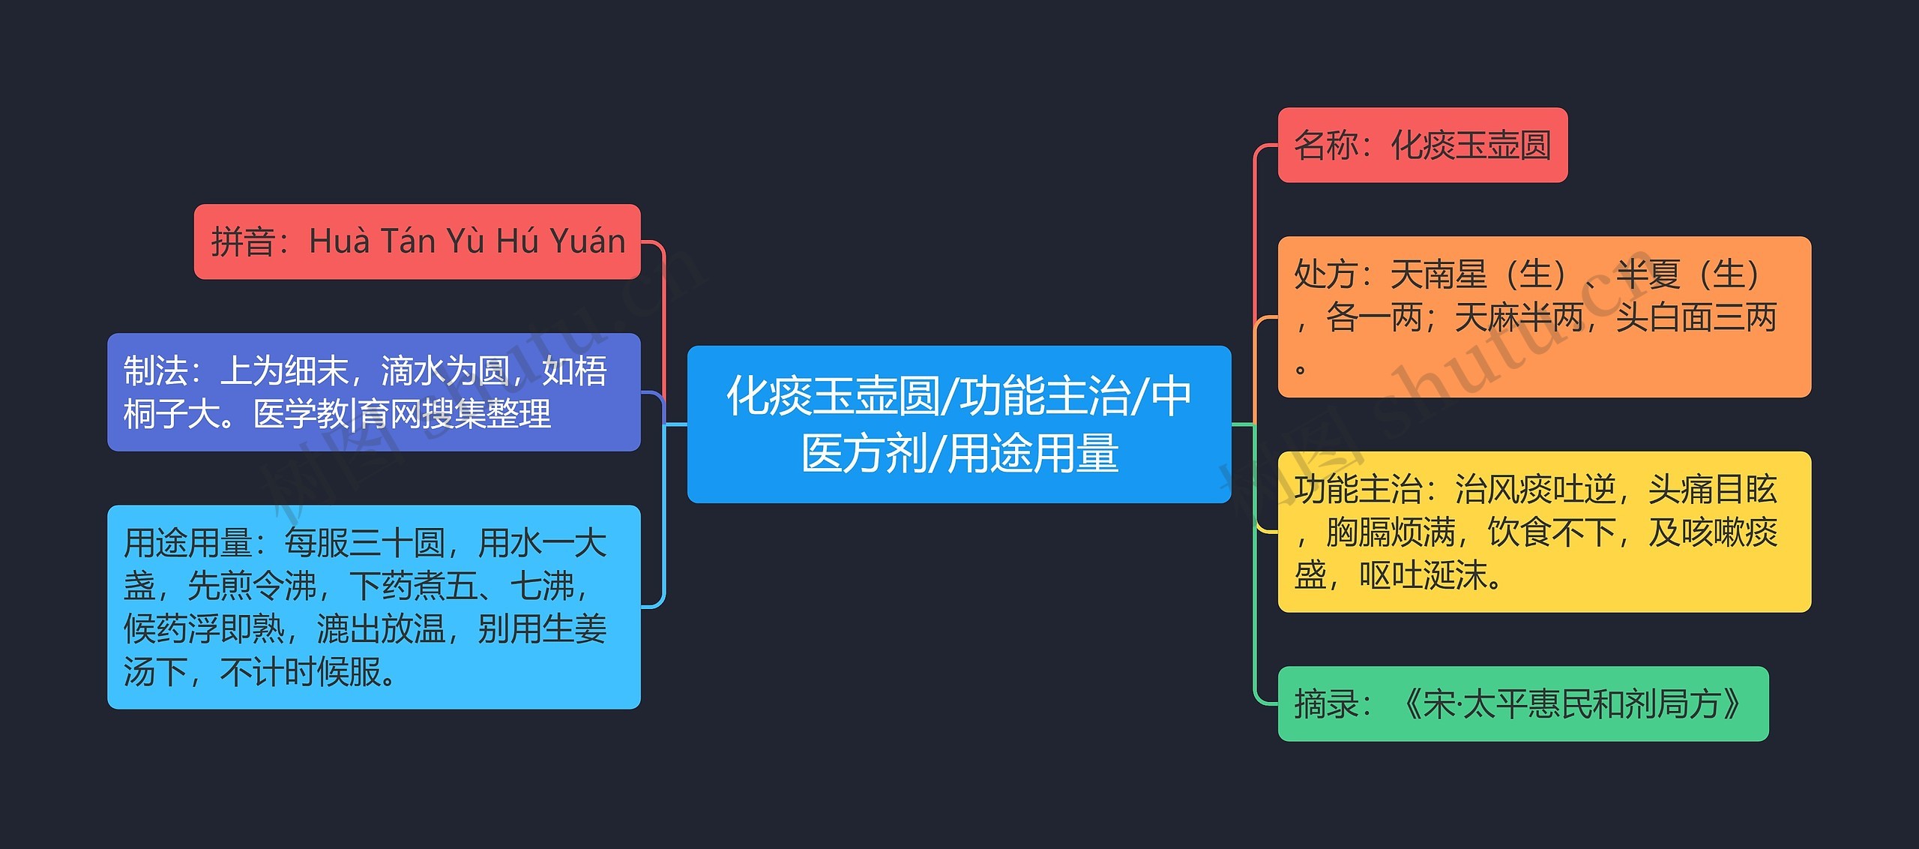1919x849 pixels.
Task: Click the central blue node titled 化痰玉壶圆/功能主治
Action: click(959, 424)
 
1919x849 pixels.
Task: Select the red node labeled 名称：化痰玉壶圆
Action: click(1422, 145)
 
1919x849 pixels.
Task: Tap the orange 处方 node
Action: click(1543, 316)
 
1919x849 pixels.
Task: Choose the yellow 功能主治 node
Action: click(1543, 531)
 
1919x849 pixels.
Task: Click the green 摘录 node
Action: click(1522, 703)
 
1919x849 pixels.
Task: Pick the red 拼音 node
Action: click(417, 241)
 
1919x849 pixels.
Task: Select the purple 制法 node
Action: click(373, 391)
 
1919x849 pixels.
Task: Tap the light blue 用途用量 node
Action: click(373, 606)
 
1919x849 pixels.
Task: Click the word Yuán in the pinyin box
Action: click(587, 241)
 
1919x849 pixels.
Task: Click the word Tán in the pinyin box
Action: click(408, 241)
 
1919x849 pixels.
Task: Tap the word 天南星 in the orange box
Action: click(1438, 274)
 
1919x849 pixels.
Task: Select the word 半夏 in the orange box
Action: click(1647, 274)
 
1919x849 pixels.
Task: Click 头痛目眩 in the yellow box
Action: click(1712, 489)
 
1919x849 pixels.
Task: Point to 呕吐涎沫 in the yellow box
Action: click(1422, 575)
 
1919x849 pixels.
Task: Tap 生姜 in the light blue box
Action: click(574, 628)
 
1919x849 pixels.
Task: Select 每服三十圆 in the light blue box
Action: click(364, 542)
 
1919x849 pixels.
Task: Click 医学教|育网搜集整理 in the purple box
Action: click(402, 414)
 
